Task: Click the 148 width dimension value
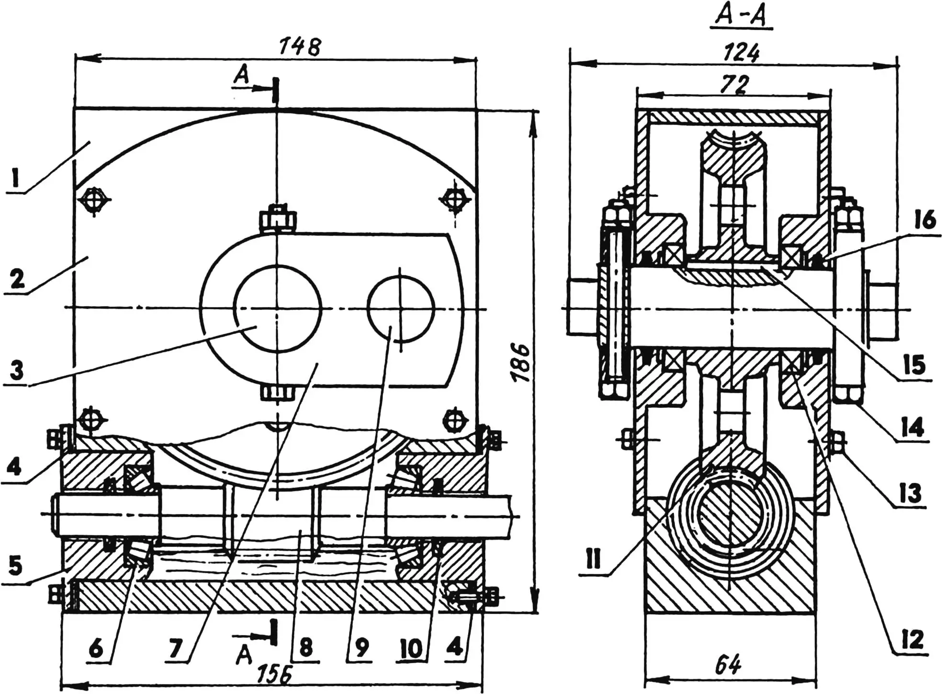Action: [x=300, y=47]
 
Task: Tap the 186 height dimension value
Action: [x=520, y=362]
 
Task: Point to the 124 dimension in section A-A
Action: [x=741, y=53]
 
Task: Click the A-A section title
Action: [x=741, y=15]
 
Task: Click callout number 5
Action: [x=15, y=566]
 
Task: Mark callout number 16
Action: [x=924, y=221]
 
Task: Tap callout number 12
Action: [x=912, y=639]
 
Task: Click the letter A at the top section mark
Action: [x=242, y=75]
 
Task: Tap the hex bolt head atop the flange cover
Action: [x=277, y=220]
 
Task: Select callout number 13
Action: [x=909, y=492]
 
